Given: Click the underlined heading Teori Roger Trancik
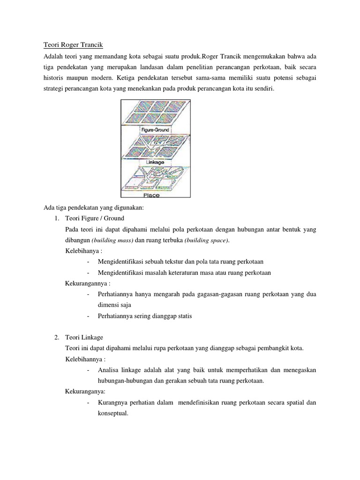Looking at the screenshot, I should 73,45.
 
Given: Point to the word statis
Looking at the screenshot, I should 183,316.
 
